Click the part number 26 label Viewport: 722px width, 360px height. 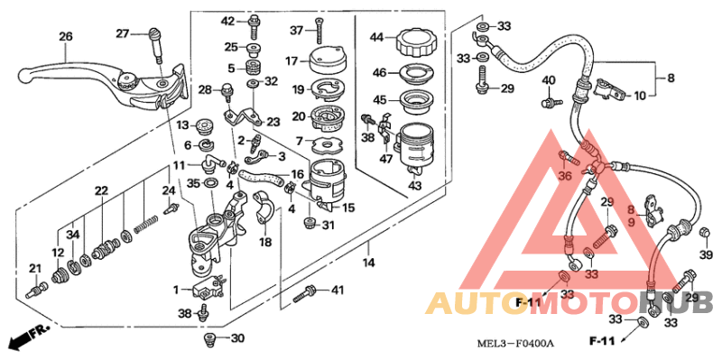[65, 37]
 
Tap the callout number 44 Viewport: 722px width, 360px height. [377, 37]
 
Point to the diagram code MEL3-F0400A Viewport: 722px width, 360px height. [515, 344]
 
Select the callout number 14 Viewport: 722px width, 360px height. [368, 262]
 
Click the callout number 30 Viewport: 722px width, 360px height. [237, 339]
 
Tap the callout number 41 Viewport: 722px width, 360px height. [338, 291]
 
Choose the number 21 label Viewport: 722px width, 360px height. [35, 268]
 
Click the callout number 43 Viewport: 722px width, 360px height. [415, 186]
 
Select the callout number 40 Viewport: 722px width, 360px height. [548, 82]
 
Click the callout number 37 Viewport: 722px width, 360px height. [297, 30]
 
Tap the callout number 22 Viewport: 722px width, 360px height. [101, 190]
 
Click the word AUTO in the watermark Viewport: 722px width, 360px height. [462, 302]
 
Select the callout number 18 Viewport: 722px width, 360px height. [265, 243]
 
